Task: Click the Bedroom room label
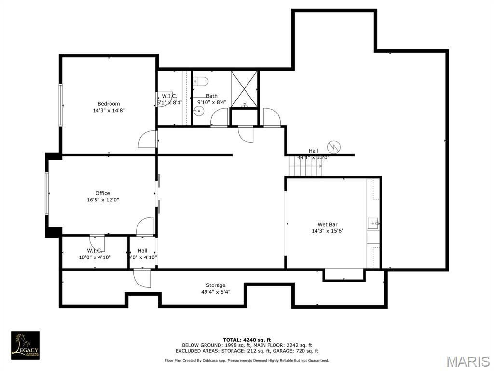tap(109, 104)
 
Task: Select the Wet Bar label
tap(327, 224)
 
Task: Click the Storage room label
tap(216, 285)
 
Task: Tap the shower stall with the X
tap(244, 89)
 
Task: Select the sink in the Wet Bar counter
tap(372, 224)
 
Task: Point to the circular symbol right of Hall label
tap(333, 146)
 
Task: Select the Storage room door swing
tap(141, 278)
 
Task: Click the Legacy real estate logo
tap(25, 345)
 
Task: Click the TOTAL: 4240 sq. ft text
tap(247, 340)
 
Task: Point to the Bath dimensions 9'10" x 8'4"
tap(211, 102)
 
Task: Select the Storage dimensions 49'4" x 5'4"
tap(216, 292)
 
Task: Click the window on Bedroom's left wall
tap(61, 105)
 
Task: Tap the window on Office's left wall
tap(47, 193)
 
